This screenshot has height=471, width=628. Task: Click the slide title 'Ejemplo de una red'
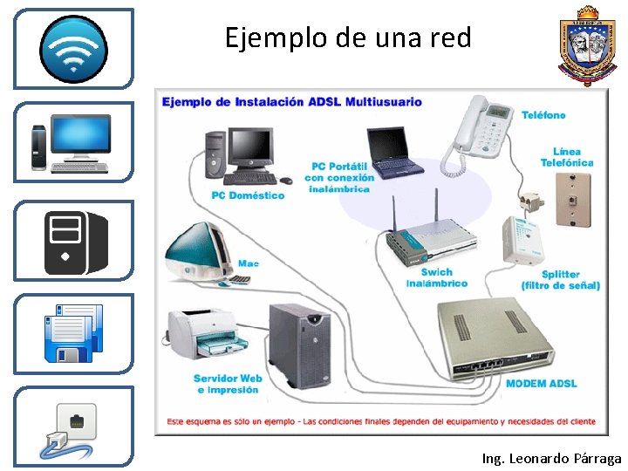[x=347, y=38]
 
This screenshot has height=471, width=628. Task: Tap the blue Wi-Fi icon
[x=74, y=48]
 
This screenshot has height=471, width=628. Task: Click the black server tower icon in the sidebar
[x=74, y=242]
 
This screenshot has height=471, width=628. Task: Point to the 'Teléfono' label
[x=543, y=115]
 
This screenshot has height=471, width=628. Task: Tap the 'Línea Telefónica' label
[x=566, y=157]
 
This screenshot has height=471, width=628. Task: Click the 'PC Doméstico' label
[x=248, y=195]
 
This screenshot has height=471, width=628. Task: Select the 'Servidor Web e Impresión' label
[x=228, y=384]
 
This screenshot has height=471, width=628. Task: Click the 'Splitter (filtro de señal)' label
[x=560, y=280]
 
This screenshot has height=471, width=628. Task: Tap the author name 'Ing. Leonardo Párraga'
[x=551, y=458]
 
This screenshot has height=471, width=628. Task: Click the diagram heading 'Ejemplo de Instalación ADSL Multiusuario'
[x=291, y=102]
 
